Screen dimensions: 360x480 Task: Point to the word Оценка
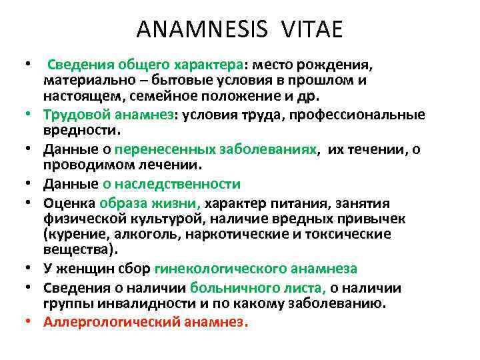click(x=69, y=203)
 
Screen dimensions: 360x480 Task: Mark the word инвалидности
click(x=141, y=303)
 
